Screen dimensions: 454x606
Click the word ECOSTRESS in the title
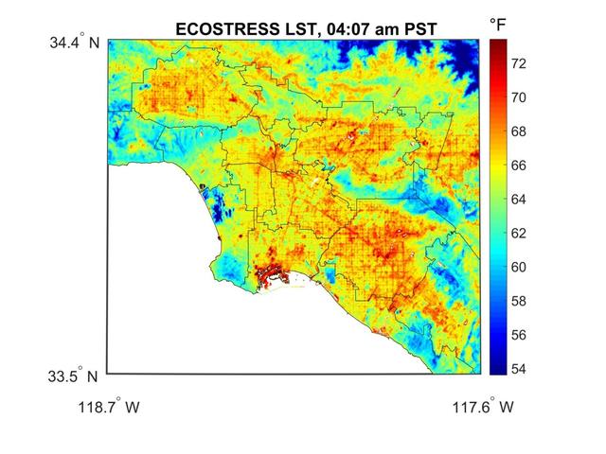[x=217, y=28]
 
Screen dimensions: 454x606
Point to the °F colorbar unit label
[x=498, y=24]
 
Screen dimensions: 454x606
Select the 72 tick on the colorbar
[x=520, y=63]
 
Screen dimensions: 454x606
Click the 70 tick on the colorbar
[x=520, y=97]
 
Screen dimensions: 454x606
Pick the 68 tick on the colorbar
[x=520, y=131]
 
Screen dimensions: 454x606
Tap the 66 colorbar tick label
[x=520, y=166]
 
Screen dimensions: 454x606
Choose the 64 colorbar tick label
[x=520, y=200]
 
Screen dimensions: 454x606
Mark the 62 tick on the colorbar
[x=520, y=233]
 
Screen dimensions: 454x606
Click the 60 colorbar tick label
[x=520, y=267]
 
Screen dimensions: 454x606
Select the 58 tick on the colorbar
[x=520, y=301]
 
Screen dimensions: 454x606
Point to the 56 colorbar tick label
[x=520, y=335]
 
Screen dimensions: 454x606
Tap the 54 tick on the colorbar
[x=520, y=368]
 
